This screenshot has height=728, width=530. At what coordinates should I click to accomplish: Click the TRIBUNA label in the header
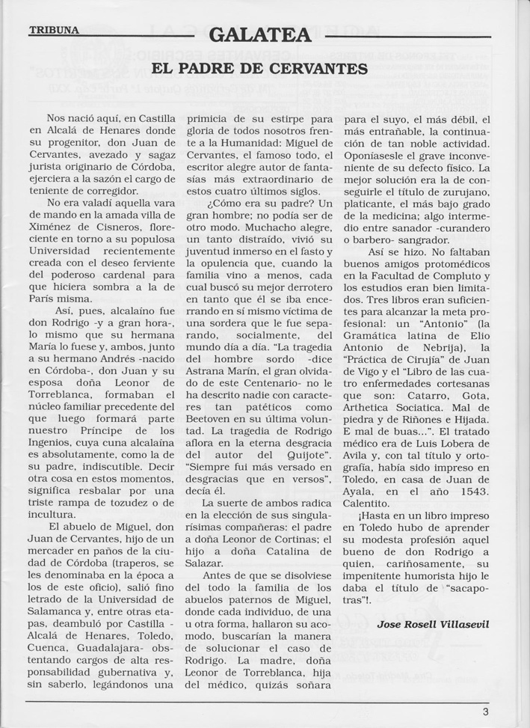click(x=53, y=31)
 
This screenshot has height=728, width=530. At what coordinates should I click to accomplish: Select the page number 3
click(x=486, y=712)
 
